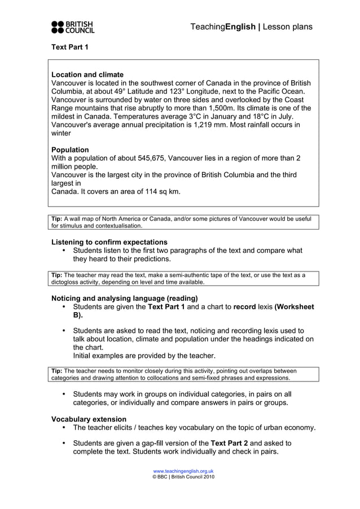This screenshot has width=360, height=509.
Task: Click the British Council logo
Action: point(73,27)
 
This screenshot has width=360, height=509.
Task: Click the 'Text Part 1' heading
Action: point(70,47)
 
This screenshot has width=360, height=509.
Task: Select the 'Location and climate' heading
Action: point(87,74)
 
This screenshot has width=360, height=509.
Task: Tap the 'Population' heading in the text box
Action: point(70,150)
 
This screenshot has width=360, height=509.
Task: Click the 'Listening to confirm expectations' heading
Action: point(109,242)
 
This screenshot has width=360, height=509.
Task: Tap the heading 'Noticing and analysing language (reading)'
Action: point(124,298)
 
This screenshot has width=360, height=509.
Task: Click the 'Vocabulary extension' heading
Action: point(89,419)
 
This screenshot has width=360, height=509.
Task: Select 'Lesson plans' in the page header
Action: point(288,27)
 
